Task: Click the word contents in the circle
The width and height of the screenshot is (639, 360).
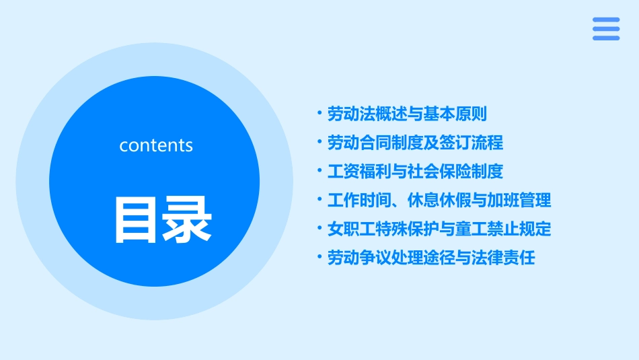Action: tap(156, 145)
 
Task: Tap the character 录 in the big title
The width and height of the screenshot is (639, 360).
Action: tap(187, 219)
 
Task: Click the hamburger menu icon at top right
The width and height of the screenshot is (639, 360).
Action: tap(606, 29)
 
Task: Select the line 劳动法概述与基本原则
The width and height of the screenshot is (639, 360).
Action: tap(407, 114)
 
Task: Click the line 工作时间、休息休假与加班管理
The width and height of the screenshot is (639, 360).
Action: tap(439, 201)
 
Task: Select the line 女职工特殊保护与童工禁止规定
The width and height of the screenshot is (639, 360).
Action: tap(439, 229)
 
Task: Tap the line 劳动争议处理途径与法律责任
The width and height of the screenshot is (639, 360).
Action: tap(431, 258)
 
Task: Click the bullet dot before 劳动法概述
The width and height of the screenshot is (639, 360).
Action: tap(320, 113)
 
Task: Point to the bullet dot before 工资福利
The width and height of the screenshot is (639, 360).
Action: tap(320, 171)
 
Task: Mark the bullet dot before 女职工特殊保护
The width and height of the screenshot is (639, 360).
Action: tap(320, 228)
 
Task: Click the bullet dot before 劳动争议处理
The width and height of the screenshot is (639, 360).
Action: tap(320, 257)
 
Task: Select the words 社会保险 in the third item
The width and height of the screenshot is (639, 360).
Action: tap(447, 172)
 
